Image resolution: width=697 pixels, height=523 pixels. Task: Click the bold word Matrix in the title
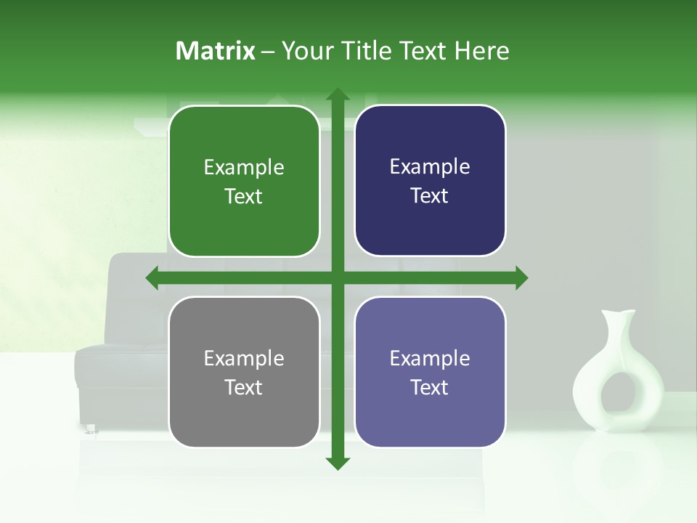216,51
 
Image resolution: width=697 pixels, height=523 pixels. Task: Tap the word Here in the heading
482,51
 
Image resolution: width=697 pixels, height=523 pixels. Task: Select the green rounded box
244,182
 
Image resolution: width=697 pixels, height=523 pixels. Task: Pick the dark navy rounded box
430,181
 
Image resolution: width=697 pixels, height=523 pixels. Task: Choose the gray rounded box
244,372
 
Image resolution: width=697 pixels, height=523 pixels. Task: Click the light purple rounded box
430,372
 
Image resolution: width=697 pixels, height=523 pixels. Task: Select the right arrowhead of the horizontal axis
521,277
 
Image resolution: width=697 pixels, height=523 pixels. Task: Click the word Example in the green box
244,168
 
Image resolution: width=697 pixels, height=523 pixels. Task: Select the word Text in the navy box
430,196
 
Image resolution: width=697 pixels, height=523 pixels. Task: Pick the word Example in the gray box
244,358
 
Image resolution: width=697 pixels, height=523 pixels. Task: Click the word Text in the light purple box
430,387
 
